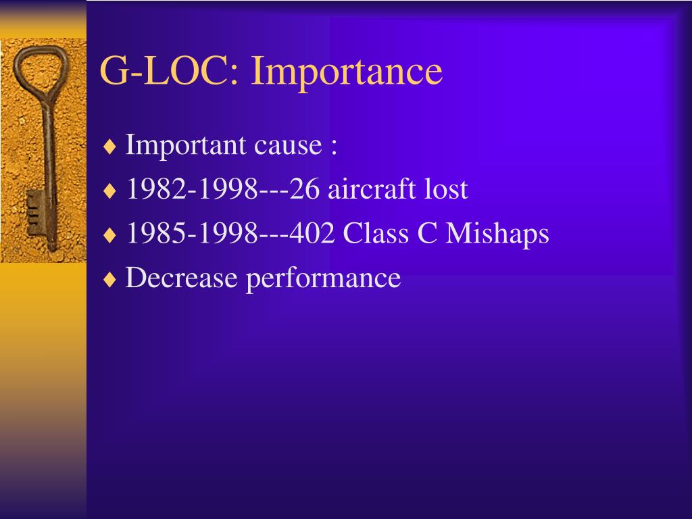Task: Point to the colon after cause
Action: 334,147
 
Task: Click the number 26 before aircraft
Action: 305,189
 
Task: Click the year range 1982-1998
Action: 192,189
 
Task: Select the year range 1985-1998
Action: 192,233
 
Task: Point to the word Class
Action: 376,232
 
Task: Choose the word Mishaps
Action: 497,234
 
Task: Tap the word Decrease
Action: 181,278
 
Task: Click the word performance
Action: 323,279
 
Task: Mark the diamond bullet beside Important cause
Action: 109,147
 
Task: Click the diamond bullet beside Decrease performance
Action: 109,279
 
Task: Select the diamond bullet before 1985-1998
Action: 109,234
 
